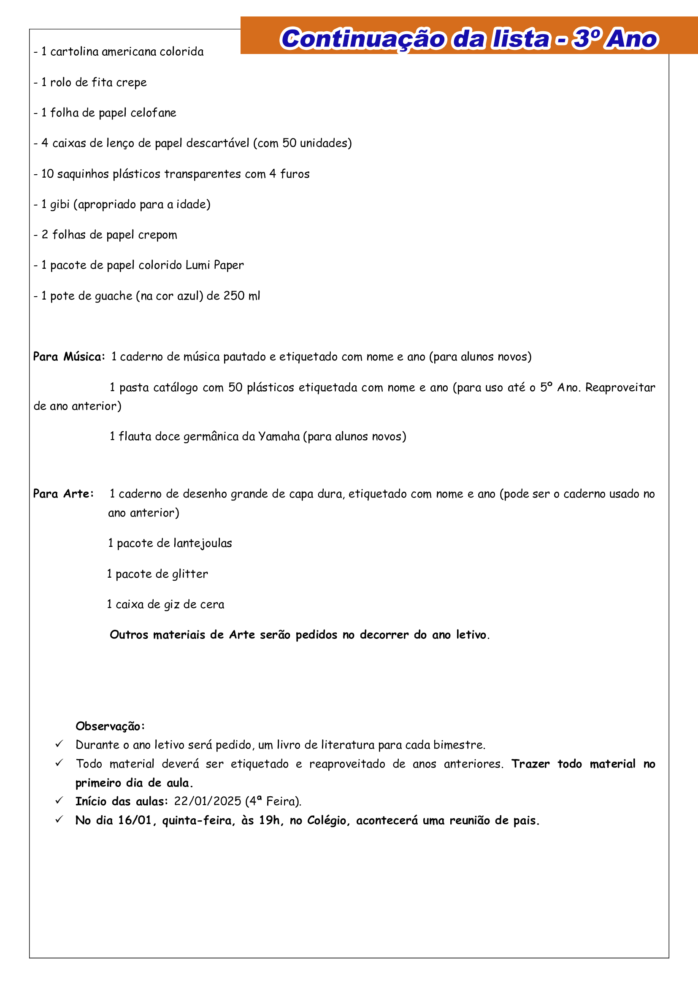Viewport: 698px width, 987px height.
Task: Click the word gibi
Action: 60,205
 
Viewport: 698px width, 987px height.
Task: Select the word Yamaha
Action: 279,437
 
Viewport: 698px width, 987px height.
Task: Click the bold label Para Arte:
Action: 63,494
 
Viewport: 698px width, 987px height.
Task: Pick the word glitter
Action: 190,574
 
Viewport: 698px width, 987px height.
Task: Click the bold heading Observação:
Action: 110,727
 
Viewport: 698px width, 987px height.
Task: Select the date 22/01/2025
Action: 208,801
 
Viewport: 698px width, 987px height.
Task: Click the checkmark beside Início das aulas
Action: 60,800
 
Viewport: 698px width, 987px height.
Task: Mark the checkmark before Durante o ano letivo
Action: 60,744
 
